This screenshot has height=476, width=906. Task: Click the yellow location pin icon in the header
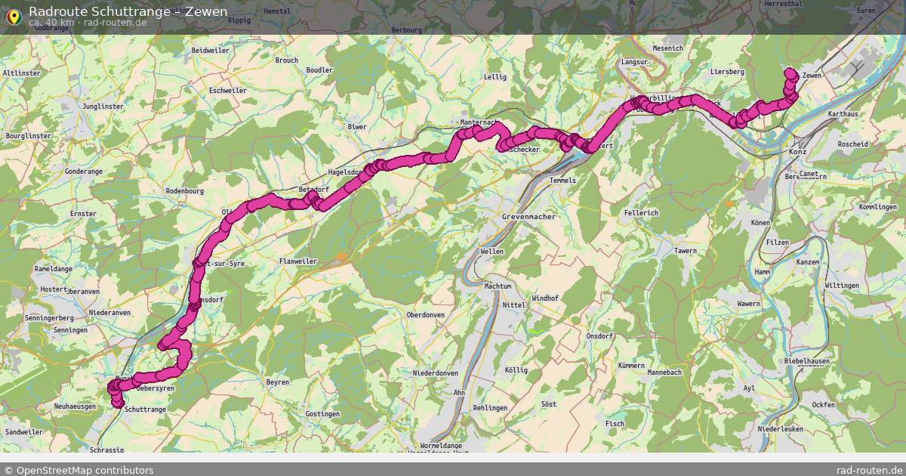[x=13, y=15]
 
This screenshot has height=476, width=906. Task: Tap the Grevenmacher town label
[x=528, y=217]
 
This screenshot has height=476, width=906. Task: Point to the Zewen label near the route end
[x=812, y=76]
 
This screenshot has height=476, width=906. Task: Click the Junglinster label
[x=103, y=107]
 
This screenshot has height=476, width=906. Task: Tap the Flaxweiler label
[x=299, y=261]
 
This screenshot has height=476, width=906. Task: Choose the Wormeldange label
[x=441, y=446]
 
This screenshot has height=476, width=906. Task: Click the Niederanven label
[x=109, y=312]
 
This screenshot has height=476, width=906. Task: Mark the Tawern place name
[x=686, y=251]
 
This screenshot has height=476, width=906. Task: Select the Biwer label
[x=356, y=126]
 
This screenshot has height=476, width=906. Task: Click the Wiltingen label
[x=842, y=286]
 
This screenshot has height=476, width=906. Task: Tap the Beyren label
[x=278, y=382]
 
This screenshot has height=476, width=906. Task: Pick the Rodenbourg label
[x=185, y=190]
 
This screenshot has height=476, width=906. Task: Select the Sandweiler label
[x=23, y=432]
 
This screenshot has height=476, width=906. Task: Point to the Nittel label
[x=514, y=305]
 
